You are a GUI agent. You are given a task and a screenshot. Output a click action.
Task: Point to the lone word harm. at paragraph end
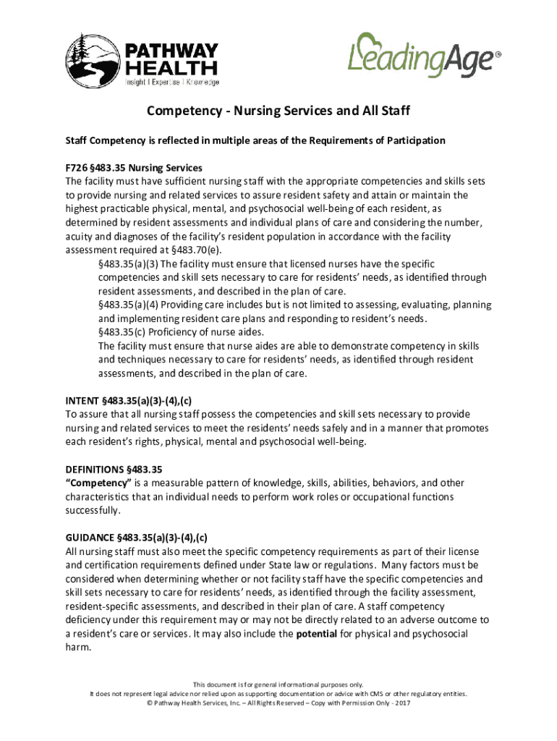[78, 648]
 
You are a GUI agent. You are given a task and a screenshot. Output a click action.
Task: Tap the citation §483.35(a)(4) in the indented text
[133, 305]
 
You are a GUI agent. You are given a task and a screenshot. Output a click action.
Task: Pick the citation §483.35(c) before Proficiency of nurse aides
[124, 333]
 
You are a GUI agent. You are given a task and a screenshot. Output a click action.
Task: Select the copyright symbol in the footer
[149, 702]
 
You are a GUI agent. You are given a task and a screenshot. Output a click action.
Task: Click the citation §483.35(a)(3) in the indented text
[133, 264]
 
